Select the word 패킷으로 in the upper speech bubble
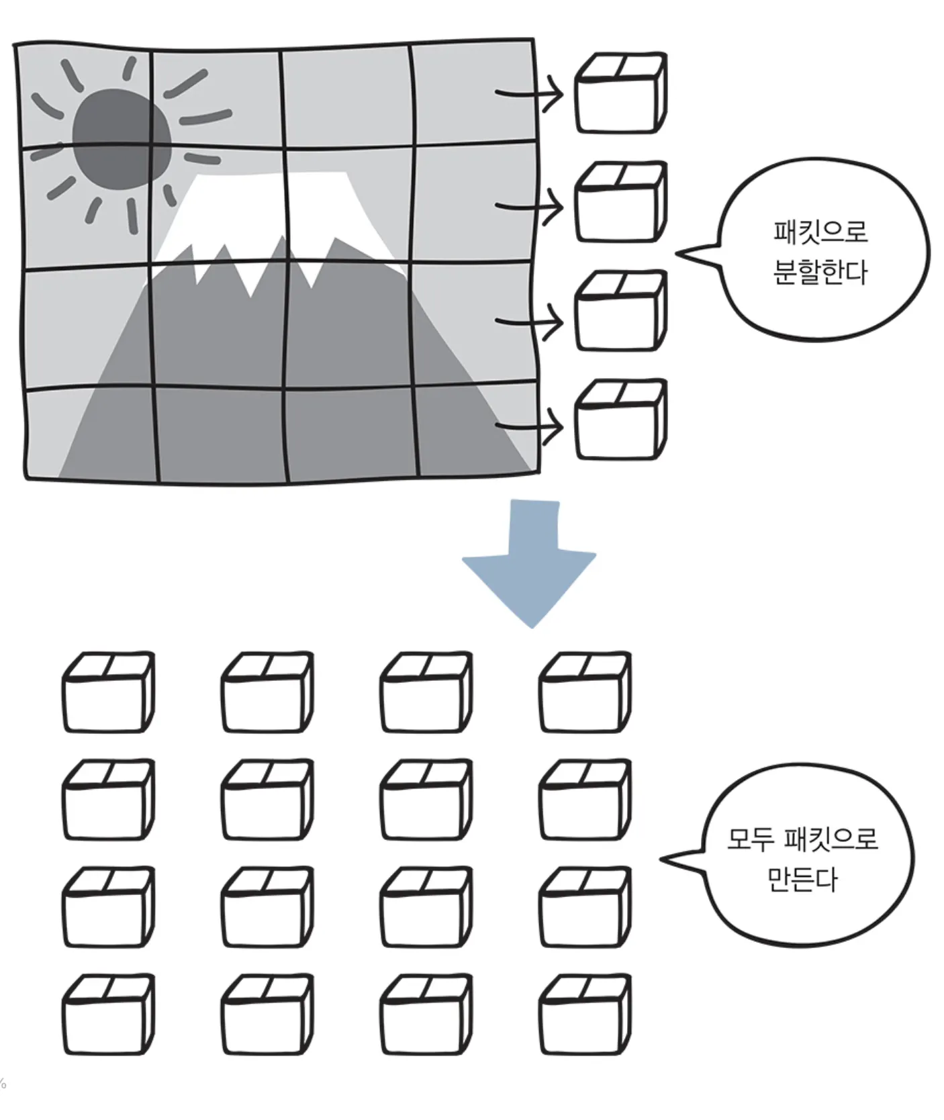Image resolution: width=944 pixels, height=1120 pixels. [820, 232]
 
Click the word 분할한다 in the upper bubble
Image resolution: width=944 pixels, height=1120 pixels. [820, 273]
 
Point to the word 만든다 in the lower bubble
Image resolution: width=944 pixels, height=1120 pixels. [802, 880]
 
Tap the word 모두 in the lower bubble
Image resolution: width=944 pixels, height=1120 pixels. [751, 839]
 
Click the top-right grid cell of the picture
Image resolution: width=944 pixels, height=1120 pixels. [474, 94]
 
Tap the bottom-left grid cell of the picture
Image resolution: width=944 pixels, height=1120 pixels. [91, 433]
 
